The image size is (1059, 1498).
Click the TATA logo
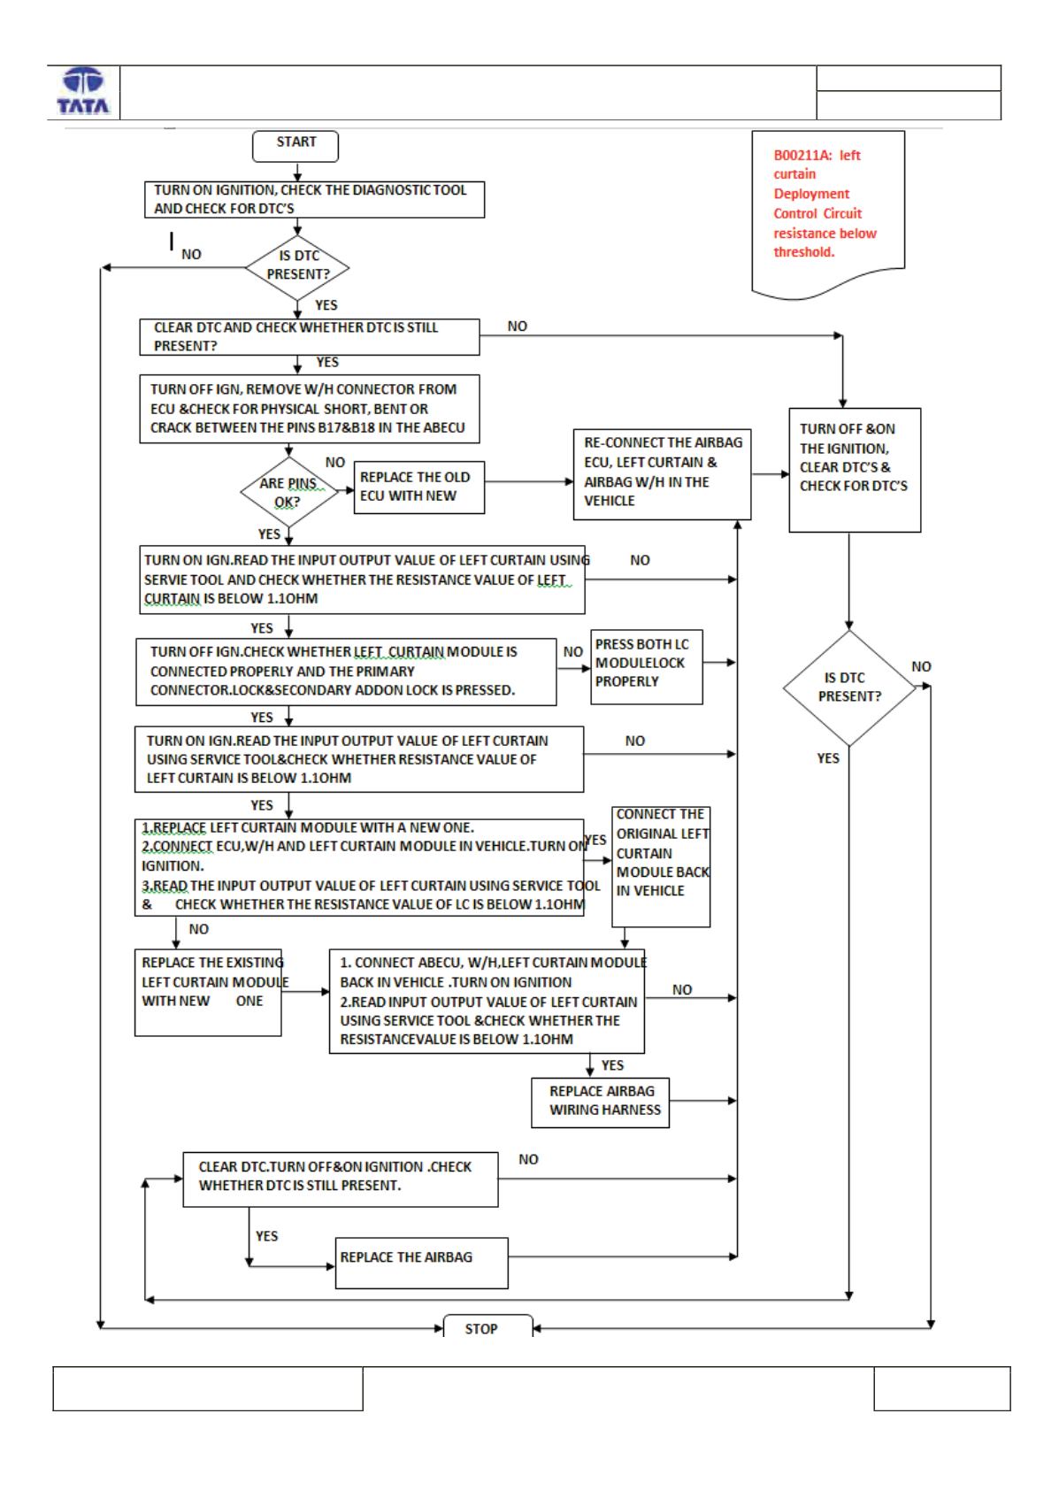(x=83, y=90)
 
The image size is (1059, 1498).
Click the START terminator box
(x=295, y=147)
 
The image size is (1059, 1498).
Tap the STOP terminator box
(x=488, y=1326)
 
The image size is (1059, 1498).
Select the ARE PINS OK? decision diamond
(x=288, y=492)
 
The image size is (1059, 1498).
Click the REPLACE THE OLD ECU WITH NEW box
(x=419, y=488)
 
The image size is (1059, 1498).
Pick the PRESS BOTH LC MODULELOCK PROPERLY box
(x=647, y=667)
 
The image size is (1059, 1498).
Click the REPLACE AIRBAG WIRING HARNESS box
(x=601, y=1102)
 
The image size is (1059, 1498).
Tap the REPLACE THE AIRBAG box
(x=421, y=1264)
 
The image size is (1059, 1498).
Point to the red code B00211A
(x=802, y=155)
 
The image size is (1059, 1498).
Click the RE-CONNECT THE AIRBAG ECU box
(x=662, y=474)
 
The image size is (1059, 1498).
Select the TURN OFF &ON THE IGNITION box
(x=855, y=470)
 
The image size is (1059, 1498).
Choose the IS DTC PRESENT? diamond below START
(x=297, y=268)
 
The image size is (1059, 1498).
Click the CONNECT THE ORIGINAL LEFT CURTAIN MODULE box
(x=661, y=867)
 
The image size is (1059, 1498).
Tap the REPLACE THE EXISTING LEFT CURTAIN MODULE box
(x=208, y=993)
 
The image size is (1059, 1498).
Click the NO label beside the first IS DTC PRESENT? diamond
(x=191, y=254)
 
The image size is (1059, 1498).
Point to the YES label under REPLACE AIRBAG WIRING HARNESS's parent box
(x=612, y=1065)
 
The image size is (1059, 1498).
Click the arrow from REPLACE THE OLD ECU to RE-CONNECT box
(x=529, y=481)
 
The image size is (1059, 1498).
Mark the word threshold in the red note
(x=804, y=252)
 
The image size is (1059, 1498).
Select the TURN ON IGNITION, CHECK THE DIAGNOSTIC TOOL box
(x=314, y=199)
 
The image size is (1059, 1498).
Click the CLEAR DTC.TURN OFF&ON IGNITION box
(x=341, y=1179)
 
